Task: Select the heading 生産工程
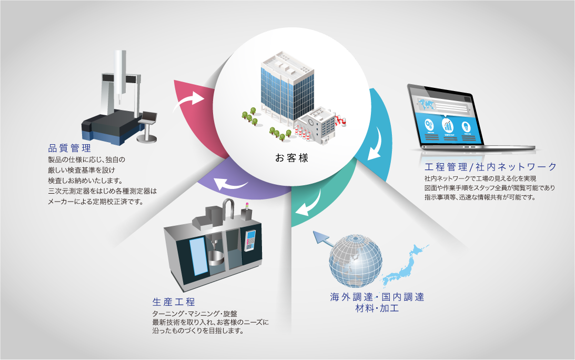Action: [174, 302]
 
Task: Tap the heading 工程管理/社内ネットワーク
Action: [490, 167]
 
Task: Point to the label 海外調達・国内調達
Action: [377, 297]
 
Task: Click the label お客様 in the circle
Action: [291, 157]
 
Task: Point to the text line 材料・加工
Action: [377, 308]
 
